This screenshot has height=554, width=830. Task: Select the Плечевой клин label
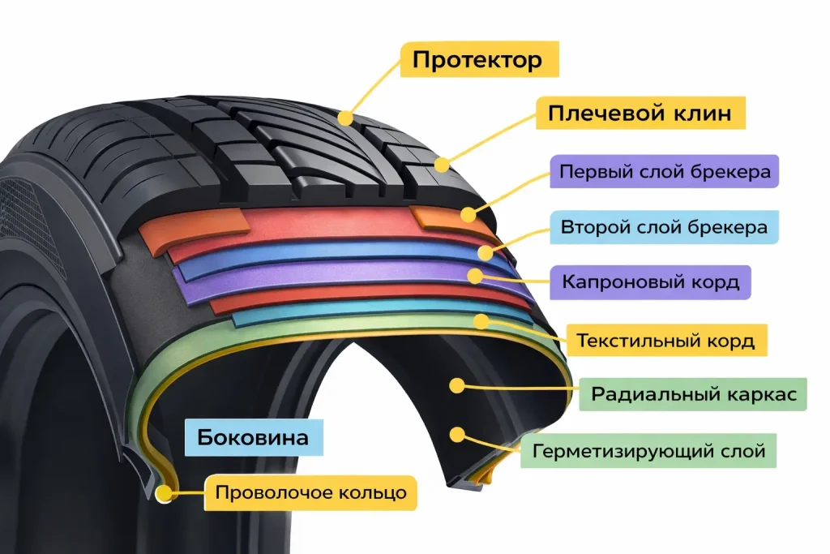640,113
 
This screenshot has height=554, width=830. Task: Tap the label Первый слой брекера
664,173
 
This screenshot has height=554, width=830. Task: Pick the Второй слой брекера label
664,227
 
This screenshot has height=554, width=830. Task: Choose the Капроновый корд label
651,282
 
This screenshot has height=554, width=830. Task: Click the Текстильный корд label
665,340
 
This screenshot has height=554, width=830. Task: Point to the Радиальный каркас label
693,394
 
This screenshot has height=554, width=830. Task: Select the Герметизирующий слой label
648,449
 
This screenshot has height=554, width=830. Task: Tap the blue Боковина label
254,438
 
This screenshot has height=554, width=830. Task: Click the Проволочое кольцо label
310,492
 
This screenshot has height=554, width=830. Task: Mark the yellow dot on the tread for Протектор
346,118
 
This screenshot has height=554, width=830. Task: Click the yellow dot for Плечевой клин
442,165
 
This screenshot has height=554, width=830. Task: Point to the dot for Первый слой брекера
468,214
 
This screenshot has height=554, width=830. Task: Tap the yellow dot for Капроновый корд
474,276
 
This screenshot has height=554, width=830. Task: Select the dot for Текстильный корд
481,321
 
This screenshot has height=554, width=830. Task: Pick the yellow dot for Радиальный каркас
459,384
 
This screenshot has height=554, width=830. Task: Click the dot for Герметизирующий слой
458,435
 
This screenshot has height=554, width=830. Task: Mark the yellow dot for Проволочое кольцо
167,492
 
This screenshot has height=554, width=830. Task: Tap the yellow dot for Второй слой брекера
485,252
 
